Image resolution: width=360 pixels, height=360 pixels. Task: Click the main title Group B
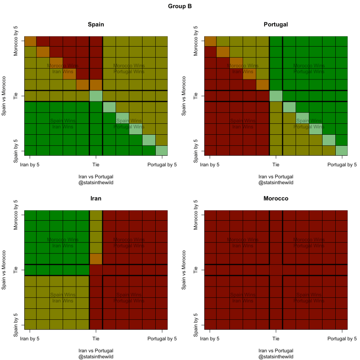180,7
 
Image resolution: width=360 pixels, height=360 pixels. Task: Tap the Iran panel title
95,199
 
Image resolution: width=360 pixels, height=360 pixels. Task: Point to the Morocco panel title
275,199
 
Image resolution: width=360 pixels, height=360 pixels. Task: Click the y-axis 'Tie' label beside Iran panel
16,270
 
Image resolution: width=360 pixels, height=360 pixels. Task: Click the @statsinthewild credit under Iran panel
95,357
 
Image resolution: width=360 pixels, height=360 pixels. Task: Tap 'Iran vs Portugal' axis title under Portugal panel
275,176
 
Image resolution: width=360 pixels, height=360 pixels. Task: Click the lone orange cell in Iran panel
95,259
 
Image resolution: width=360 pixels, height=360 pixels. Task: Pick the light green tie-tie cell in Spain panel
95,96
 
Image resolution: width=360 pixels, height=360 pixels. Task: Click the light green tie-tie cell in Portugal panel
276,96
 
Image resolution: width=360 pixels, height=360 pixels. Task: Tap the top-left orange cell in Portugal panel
210,41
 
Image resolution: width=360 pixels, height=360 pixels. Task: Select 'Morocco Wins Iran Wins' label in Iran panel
63,243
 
